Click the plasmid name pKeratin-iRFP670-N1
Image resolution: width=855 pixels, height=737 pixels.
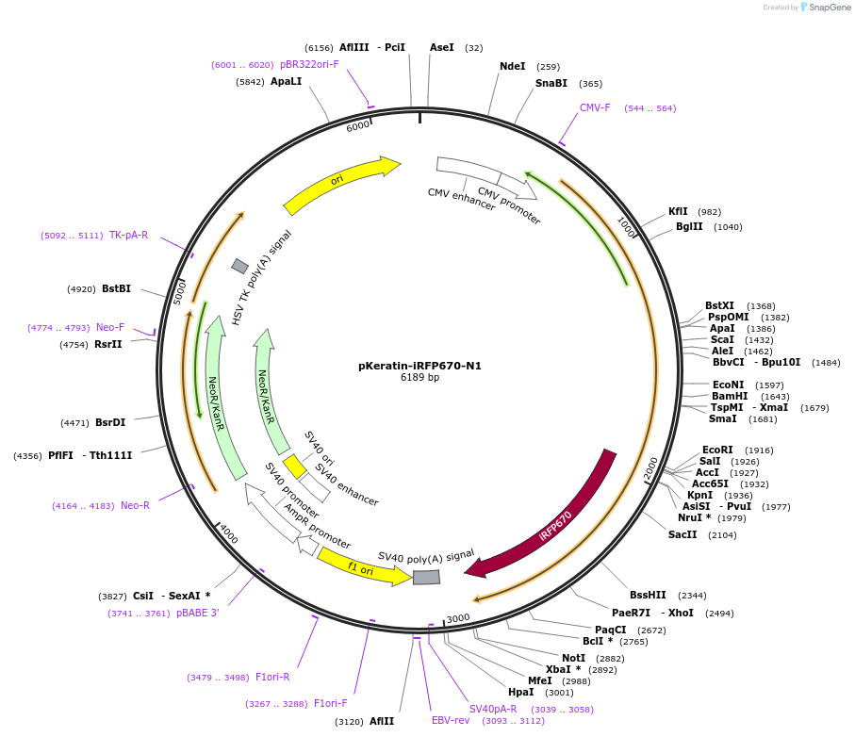click(x=419, y=366)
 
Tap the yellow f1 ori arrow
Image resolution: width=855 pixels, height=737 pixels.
click(x=362, y=567)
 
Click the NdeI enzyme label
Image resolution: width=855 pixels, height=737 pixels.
click(x=513, y=67)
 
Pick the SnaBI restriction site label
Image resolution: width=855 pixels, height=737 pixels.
click(x=551, y=84)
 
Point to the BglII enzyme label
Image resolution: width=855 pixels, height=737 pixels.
click(x=689, y=227)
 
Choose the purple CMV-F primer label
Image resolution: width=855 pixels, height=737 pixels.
click(x=595, y=107)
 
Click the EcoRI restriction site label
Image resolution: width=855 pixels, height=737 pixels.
click(x=717, y=450)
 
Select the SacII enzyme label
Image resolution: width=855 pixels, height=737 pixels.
click(x=682, y=534)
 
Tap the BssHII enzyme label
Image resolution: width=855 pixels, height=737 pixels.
click(x=648, y=596)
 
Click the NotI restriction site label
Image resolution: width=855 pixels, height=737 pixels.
click(x=573, y=659)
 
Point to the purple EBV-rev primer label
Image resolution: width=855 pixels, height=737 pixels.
click(x=451, y=721)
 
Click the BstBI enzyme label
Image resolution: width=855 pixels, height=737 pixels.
click(x=116, y=288)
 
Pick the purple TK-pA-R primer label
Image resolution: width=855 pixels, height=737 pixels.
click(x=128, y=236)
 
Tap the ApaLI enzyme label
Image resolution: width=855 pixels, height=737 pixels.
click(x=287, y=82)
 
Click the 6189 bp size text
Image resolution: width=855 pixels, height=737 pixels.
click(x=419, y=378)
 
